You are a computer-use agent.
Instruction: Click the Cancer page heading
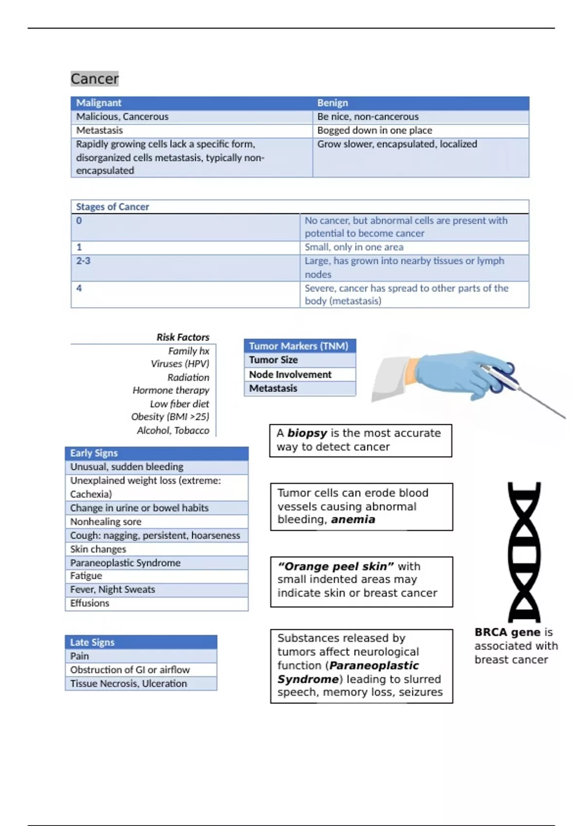[x=94, y=79]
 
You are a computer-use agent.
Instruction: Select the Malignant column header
[x=99, y=103]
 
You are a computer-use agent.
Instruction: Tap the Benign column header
[x=332, y=103]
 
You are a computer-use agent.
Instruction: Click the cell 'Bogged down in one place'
[x=374, y=130]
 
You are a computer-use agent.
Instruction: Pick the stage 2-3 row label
[x=83, y=261]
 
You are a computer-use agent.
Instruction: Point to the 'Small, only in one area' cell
[x=354, y=247]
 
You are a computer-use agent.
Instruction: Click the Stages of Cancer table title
[x=112, y=207]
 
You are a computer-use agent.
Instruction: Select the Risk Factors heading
[x=183, y=337]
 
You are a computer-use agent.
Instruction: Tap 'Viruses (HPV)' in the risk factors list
[x=180, y=364]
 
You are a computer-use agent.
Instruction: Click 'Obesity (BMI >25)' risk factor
[x=170, y=417]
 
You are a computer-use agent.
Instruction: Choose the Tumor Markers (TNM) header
[x=298, y=346]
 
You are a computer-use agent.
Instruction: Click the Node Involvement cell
[x=290, y=375]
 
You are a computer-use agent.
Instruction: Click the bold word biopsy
[x=307, y=433]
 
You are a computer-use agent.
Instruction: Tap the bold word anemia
[x=353, y=519]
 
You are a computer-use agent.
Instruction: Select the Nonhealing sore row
[x=106, y=522]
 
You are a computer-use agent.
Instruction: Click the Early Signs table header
[x=94, y=453]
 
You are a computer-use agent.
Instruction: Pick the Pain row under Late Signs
[x=80, y=656]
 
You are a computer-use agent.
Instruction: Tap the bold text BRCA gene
[x=507, y=632]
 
